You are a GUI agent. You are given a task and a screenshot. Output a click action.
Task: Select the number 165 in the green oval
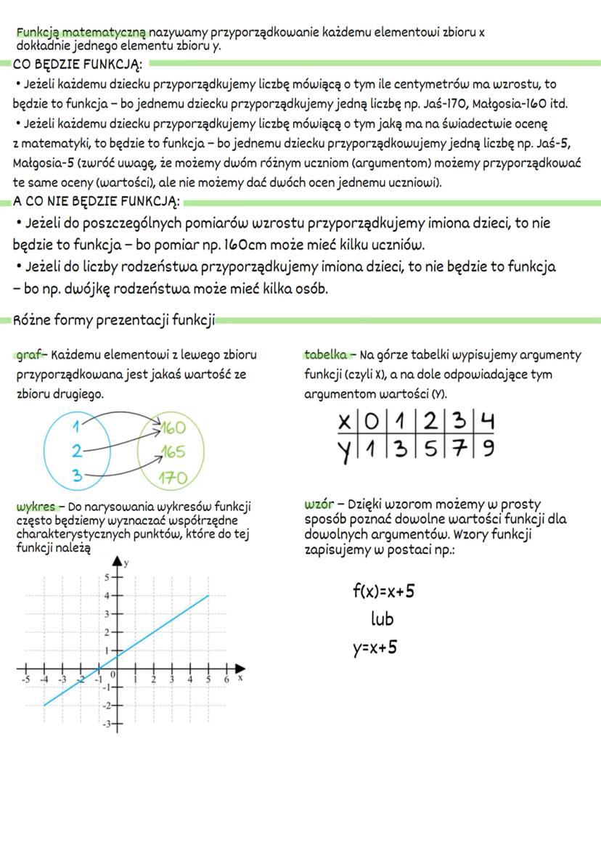pos(172,452)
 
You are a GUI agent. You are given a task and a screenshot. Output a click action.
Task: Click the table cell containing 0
pos(373,422)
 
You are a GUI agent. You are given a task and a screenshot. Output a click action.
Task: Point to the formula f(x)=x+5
pos(383,591)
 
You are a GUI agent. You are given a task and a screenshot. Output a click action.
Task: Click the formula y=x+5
pos(375,647)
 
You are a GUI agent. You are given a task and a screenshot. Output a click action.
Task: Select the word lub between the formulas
pos(382,619)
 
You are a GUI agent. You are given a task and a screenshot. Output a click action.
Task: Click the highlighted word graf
pos(30,355)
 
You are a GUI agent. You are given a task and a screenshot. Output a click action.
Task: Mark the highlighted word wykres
pos(36,505)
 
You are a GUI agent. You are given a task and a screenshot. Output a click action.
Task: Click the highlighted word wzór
pos(319,504)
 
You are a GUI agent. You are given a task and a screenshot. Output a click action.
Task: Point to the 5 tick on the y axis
pos(106,578)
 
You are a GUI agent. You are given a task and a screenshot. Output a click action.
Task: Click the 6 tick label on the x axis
pos(226,679)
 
